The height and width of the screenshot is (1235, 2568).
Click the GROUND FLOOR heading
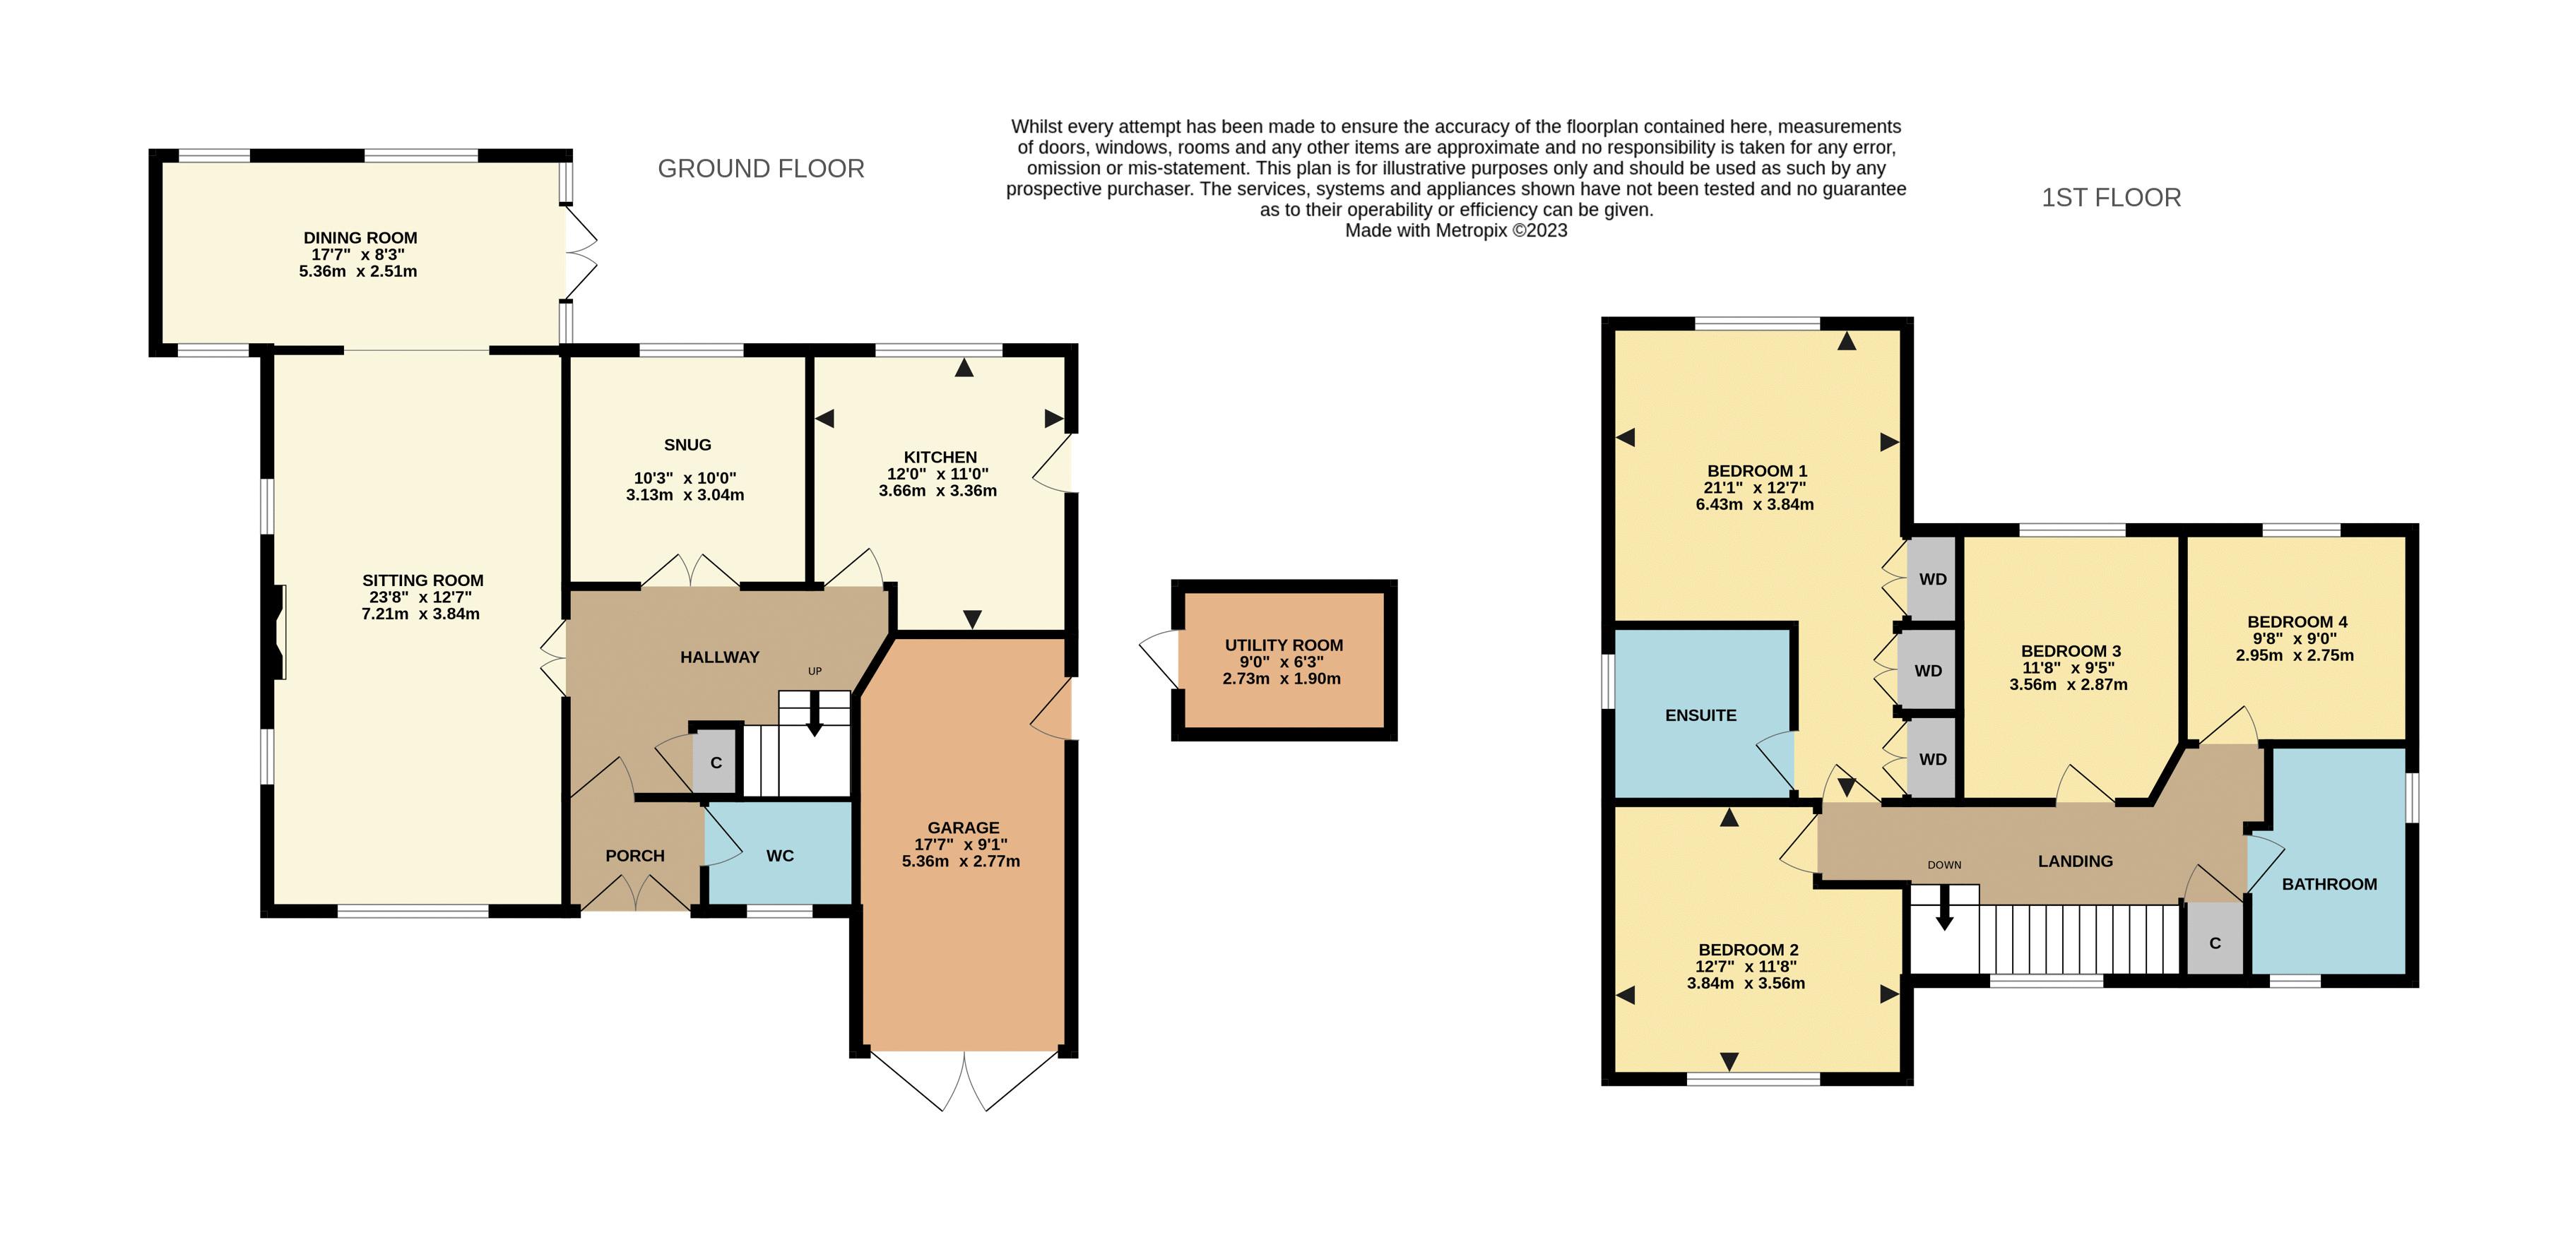point(761,169)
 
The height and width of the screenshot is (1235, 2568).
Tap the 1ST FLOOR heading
point(2110,198)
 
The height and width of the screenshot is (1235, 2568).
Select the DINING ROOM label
point(360,237)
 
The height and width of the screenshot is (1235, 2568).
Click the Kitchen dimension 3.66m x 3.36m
point(937,491)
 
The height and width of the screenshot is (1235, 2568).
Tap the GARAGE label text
point(962,828)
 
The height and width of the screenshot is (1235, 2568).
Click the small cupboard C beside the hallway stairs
point(715,763)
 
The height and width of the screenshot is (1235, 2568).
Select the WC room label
point(779,855)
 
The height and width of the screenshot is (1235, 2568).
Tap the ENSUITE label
point(1700,715)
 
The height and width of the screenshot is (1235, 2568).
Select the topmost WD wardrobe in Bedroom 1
point(1932,579)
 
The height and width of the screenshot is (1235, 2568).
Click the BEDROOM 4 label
point(2289,621)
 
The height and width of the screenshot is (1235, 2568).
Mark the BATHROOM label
point(2329,884)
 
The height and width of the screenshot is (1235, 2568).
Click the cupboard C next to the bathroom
point(2214,942)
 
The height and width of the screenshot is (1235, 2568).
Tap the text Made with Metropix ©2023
point(1455,230)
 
